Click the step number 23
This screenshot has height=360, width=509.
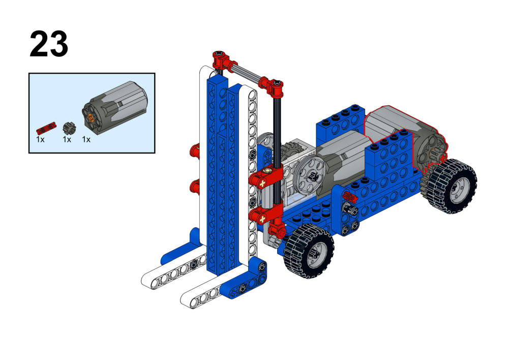point(49,44)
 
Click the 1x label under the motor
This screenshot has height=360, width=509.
point(86,140)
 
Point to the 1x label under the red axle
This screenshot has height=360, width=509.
point(40,140)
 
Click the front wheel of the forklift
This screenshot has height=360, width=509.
point(309,251)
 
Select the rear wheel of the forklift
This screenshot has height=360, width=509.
point(452,186)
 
